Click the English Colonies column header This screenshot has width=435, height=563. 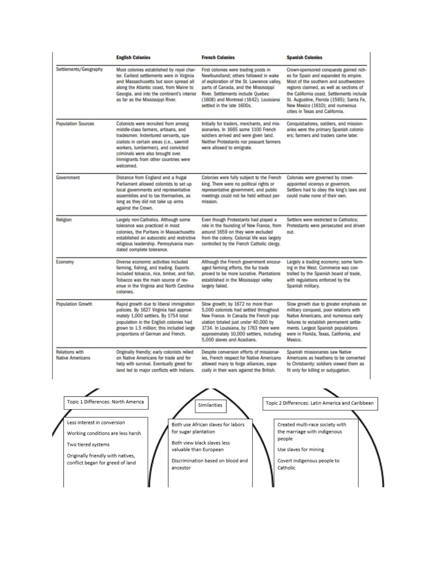coord(133,58)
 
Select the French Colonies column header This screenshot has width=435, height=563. coord(218,58)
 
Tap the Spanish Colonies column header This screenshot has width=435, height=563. coord(304,58)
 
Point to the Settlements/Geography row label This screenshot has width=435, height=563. coord(79,69)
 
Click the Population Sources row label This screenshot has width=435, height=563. coord(75,124)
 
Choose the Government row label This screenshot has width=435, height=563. coord(68,178)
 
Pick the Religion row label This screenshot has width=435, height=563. coord(64,220)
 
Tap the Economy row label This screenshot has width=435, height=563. coord(65,262)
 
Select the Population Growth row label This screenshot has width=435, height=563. coord(74,304)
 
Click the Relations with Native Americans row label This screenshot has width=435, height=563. coord(73,355)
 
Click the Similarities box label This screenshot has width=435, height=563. coord(210,405)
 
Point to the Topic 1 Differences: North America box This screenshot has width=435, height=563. coord(106,402)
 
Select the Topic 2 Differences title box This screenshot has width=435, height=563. coord(320,403)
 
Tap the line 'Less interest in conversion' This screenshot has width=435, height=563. coord(96,423)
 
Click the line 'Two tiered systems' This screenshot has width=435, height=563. coord(88,445)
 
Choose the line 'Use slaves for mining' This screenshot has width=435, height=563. coord(300,450)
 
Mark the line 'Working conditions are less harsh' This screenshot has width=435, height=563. coord(104,434)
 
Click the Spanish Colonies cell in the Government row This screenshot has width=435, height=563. coord(326,187)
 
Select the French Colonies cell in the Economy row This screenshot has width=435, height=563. coord(241,274)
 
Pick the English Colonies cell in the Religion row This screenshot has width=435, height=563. coord(155,235)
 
